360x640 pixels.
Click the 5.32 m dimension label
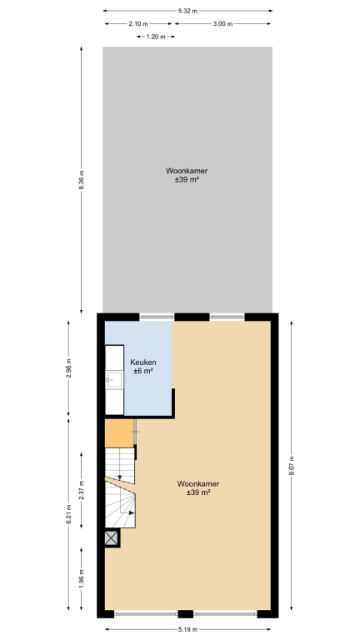187,11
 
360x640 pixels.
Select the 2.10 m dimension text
138,23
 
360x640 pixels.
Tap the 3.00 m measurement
222,23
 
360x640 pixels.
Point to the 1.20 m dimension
156,37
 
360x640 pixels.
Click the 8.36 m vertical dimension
81,180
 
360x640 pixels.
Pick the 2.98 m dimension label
68,368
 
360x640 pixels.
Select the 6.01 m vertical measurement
68,515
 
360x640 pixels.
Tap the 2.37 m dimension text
81,490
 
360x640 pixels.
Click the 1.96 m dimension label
81,578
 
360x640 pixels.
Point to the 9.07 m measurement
292,466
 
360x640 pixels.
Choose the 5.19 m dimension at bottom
187,629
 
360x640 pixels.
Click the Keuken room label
143,362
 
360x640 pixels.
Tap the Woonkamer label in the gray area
187,171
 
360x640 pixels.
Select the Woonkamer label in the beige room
198,484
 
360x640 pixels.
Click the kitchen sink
115,380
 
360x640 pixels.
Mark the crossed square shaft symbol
112,538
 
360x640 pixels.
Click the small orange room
119,433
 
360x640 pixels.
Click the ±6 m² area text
143,371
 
